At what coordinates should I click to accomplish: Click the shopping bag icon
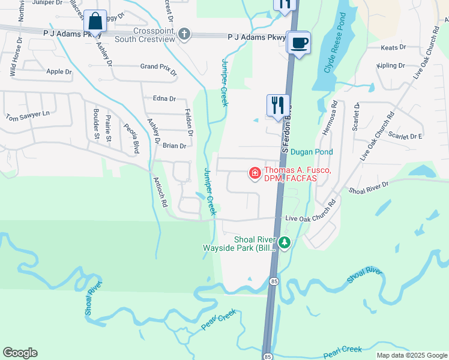point(95,22)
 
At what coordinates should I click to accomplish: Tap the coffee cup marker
point(298,43)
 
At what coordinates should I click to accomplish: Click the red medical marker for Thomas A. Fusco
point(255,174)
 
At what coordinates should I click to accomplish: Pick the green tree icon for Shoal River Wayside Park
point(285,242)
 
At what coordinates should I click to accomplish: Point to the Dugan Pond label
point(312,152)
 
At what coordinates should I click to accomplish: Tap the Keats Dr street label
point(394,47)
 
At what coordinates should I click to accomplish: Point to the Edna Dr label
point(164,99)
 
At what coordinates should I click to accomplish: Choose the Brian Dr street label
point(175,146)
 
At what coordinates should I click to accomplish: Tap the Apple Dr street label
point(59,71)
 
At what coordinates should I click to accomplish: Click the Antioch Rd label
point(160,191)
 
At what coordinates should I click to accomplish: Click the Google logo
point(20,353)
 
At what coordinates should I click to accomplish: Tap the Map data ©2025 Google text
point(412,355)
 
